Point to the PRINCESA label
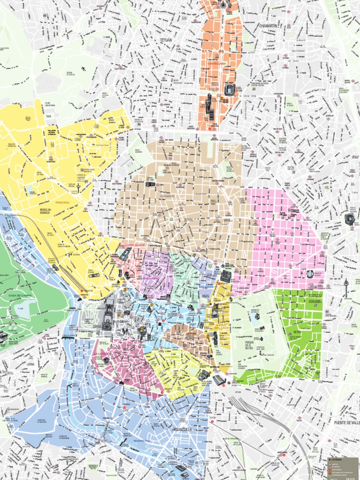(62, 202)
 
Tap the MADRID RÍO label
(142, 441)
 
